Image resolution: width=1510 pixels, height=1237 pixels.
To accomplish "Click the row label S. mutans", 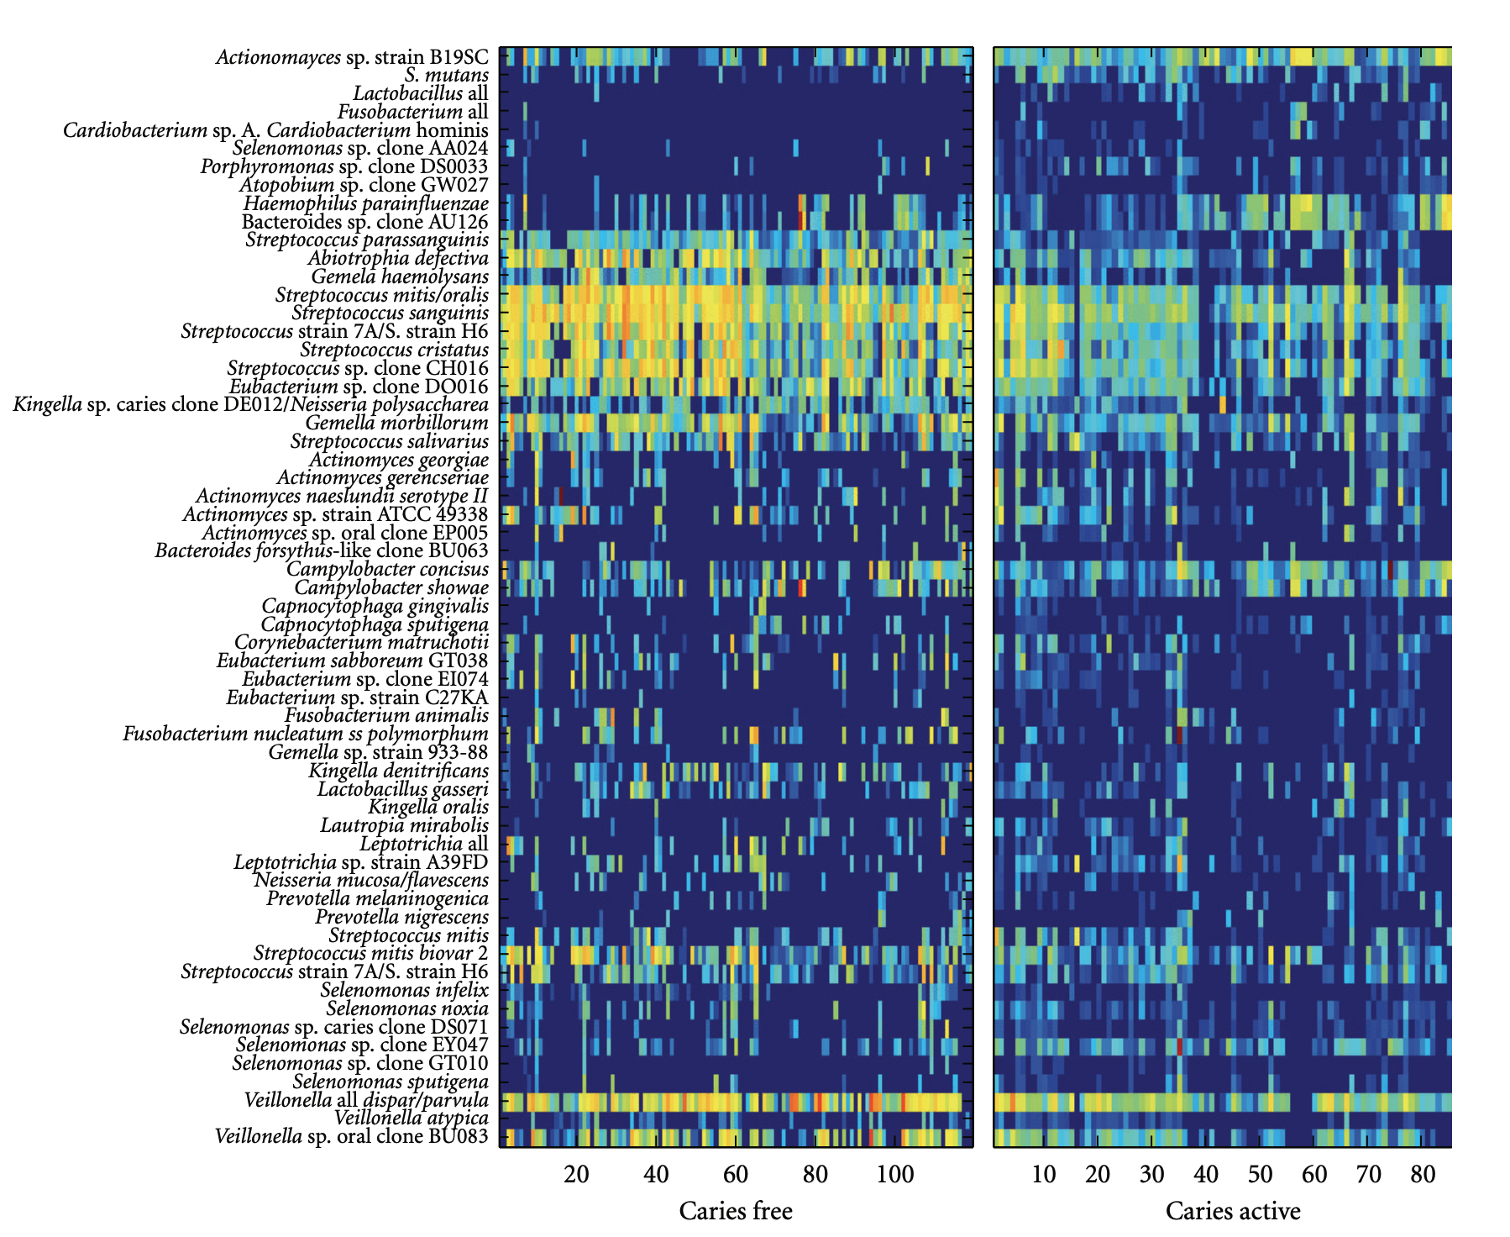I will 446,76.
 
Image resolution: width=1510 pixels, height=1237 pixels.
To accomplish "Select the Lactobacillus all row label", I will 420,94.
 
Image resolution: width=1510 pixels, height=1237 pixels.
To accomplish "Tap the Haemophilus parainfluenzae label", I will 365,203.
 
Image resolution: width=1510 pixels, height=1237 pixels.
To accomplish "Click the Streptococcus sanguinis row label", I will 390,313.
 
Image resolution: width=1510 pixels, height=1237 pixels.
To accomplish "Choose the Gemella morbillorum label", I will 396,423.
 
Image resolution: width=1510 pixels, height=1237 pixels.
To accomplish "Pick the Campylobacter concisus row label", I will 387,569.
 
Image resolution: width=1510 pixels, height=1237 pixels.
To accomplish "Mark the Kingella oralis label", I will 428,807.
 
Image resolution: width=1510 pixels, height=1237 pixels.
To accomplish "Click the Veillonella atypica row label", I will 411,1118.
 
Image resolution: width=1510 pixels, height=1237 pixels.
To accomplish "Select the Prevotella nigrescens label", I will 401,917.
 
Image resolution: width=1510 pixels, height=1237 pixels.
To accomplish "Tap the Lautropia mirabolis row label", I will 404,825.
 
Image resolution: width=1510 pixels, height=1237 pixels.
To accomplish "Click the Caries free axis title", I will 735,1211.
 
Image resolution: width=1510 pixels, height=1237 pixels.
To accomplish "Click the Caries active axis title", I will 1232,1211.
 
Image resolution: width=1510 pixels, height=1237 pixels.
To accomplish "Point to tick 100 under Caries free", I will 894,1174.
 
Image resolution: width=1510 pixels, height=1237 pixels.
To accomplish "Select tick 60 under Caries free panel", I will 735,1174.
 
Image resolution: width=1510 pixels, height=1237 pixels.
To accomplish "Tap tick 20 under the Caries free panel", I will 576,1174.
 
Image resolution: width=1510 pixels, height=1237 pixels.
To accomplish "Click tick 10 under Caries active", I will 1043,1174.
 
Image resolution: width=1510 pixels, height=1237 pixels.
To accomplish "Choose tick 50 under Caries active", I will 1260,1174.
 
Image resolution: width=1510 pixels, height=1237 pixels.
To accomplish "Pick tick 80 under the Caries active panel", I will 1423,1174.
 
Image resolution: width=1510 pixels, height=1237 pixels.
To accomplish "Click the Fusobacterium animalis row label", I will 386,715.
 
